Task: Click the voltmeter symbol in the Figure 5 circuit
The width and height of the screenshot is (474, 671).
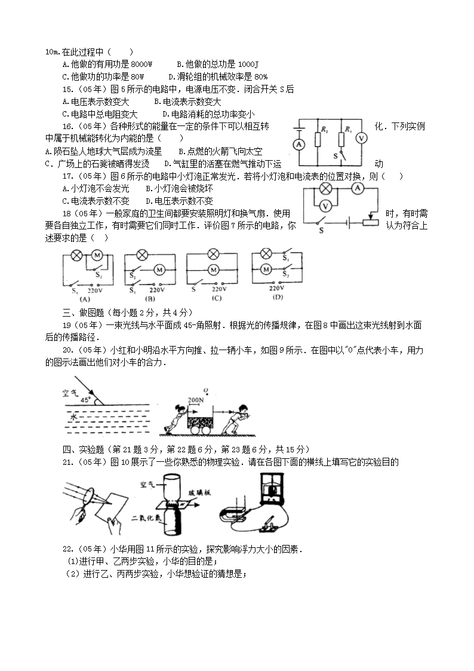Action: [361, 137]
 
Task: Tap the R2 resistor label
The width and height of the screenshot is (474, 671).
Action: [324, 130]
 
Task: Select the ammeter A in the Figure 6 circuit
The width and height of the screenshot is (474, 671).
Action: [357, 188]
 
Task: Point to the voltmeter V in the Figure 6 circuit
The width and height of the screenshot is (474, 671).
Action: [325, 206]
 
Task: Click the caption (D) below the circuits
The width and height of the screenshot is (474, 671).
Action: [277, 297]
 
